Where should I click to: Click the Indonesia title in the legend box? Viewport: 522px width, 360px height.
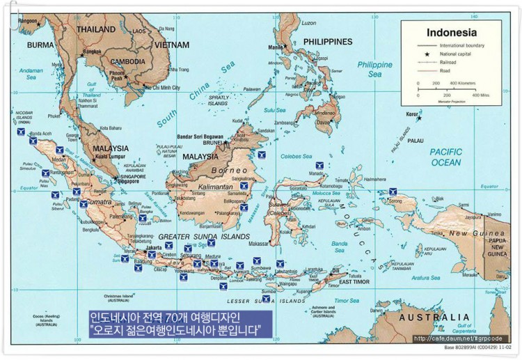tap(451, 32)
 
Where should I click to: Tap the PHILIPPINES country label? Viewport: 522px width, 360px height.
tap(328, 42)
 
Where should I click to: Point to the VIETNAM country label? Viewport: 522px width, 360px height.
tap(171, 45)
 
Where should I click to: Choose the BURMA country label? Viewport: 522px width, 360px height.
tap(40, 45)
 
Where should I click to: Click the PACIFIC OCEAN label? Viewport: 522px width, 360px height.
tap(445, 157)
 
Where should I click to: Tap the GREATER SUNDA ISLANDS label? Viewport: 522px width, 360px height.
tap(204, 237)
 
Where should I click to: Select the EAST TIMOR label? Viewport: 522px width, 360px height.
tap(349, 283)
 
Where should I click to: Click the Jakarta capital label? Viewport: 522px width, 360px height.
tap(154, 247)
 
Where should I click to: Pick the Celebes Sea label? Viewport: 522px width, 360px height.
tap(294, 157)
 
